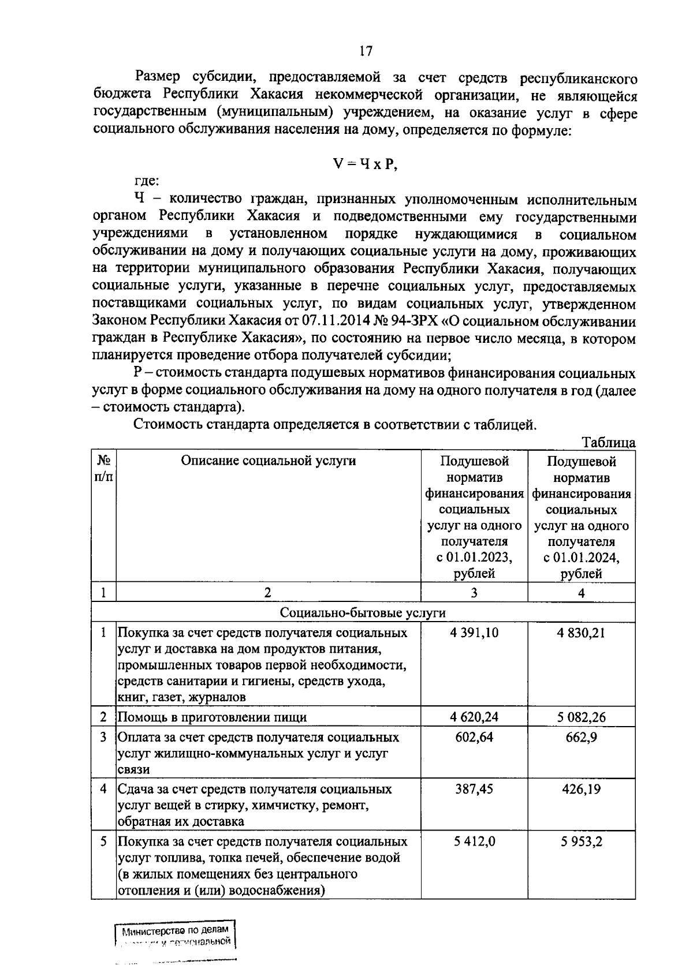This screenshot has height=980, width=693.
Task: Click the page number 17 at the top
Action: [366, 51]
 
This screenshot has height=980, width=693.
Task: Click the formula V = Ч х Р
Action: [366, 164]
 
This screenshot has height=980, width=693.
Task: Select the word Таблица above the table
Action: [608, 443]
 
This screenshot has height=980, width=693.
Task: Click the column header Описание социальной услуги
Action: [268, 461]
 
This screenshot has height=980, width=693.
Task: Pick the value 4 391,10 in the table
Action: [474, 633]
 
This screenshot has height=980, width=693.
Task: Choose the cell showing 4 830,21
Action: [581, 633]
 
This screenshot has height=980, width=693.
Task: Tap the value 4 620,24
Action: [474, 717]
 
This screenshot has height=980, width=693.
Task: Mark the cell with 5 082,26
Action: [581, 717]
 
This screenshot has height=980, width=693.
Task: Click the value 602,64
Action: [474, 737]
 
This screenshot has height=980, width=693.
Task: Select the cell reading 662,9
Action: [581, 737]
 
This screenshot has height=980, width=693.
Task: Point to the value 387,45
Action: [474, 789]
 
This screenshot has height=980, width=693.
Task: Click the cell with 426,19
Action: [581, 789]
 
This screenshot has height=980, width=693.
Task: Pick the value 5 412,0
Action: [474, 841]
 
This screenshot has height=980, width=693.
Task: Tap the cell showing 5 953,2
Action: [581, 841]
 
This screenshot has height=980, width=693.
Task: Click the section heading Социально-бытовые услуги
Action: [363, 612]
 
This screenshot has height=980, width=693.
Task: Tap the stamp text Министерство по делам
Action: [176, 930]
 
